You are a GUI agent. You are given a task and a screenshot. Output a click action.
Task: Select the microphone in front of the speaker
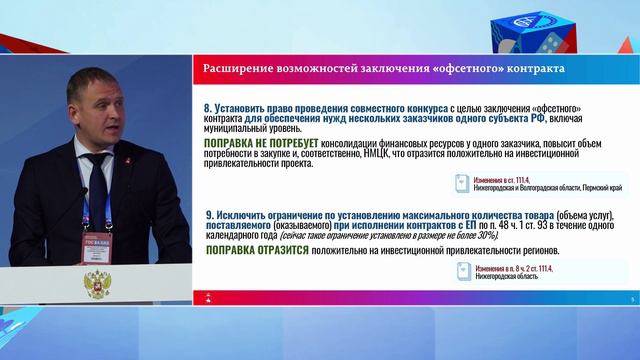point(132,204)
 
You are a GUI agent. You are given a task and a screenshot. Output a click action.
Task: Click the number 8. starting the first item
point(209,106)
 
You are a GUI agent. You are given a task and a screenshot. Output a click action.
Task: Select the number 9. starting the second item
point(209,215)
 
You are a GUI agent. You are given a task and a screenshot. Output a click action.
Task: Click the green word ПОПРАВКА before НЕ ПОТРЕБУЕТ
point(231,144)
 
